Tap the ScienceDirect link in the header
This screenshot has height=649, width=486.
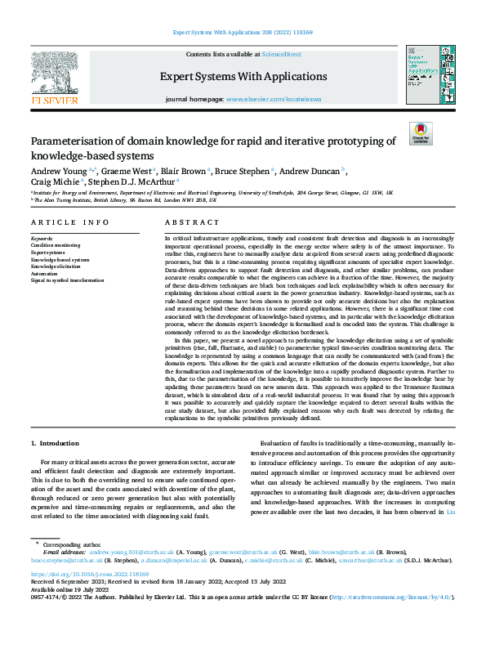280,53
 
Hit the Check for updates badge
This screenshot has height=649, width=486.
421,133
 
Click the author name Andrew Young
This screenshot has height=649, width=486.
57,171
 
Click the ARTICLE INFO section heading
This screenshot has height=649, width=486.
69,222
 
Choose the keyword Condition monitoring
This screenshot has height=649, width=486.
56,244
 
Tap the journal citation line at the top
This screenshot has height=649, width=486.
243,33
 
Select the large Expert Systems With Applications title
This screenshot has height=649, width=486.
243,77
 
